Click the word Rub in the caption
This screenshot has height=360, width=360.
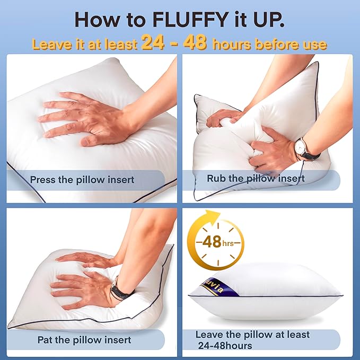coord(216,178)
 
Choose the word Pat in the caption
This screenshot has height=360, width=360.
coord(46,339)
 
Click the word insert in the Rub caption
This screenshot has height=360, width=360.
coord(291,178)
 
